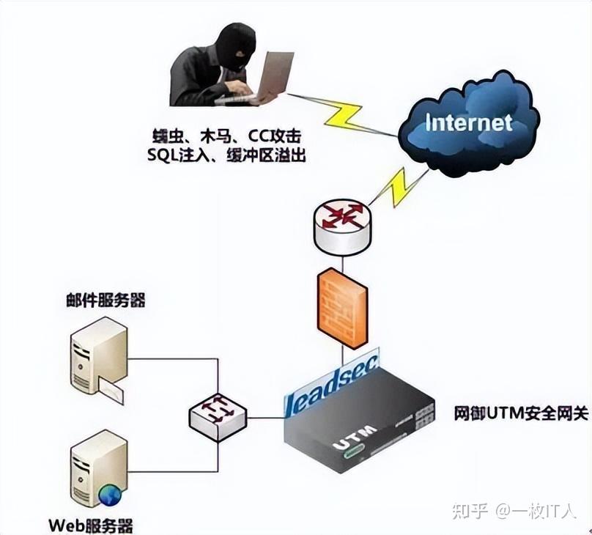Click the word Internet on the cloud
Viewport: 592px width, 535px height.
pos(469,122)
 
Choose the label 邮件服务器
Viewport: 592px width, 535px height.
pos(103,300)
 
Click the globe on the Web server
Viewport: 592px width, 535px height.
pos(111,495)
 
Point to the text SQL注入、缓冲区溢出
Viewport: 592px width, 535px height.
pos(226,155)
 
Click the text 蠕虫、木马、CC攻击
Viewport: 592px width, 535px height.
pos(224,136)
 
